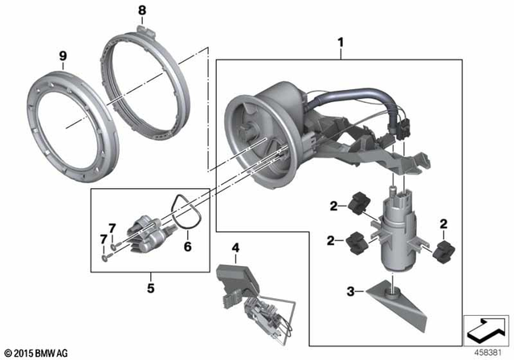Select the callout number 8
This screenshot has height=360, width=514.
(x=142, y=10)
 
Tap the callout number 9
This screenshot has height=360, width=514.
(x=62, y=56)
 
